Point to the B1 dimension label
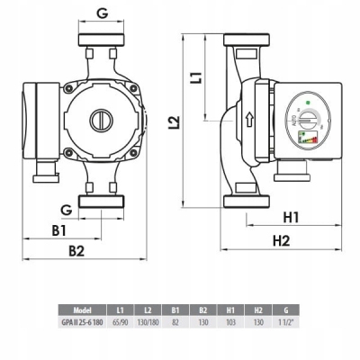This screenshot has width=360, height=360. click(59, 230)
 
